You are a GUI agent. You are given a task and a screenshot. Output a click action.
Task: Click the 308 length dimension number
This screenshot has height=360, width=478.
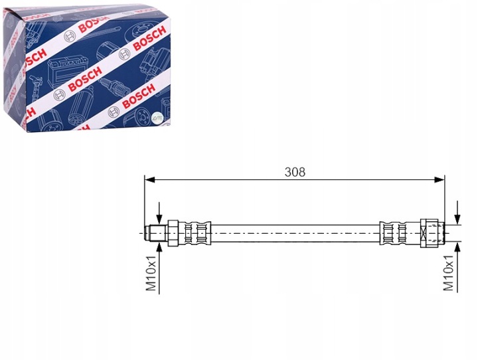(295, 172)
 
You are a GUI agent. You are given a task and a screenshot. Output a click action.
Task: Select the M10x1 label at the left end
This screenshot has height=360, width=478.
(151, 273)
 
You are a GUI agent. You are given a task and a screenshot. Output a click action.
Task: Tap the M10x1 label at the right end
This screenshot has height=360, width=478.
(448, 273)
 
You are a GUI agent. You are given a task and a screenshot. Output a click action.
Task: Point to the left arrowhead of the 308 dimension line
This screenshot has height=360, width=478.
(149, 180)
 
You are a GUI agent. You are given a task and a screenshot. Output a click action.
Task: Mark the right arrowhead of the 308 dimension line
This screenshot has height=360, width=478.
(439, 180)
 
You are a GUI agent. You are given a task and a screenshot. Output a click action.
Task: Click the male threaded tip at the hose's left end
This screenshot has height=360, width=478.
(155, 233)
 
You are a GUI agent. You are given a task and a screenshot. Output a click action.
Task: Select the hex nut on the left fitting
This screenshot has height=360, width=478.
(173, 233)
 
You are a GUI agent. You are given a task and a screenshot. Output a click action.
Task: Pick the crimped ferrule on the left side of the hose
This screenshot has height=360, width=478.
(195, 233)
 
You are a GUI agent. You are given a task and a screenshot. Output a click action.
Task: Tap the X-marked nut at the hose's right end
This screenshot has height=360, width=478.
(425, 233)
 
